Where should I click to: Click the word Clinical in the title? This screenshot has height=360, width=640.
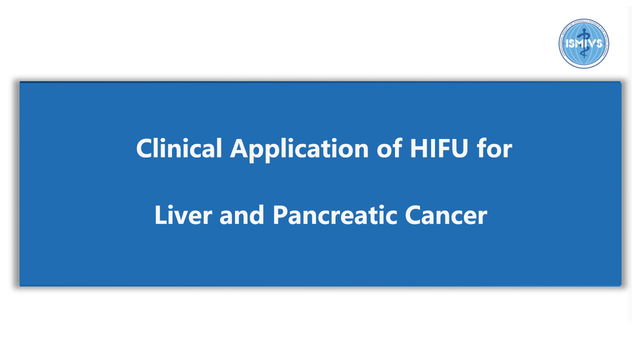click(179, 148)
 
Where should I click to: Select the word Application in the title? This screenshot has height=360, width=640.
click(299, 150)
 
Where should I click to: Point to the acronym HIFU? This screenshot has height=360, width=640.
click(439, 148)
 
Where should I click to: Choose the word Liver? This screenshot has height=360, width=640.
click(183, 215)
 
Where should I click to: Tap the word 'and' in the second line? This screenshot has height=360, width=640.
click(241, 215)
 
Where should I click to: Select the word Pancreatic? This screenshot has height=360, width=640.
click(335, 215)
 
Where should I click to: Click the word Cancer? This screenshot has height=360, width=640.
click(446, 215)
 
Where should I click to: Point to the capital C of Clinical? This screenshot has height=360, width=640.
click(144, 148)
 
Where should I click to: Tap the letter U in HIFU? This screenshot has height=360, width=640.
click(459, 148)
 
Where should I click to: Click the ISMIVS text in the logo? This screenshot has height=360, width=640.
click(584, 43)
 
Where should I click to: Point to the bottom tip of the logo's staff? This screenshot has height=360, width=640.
click(584, 58)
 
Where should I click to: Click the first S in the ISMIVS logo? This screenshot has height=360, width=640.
click(572, 43)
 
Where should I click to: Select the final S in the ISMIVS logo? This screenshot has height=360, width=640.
click(599, 43)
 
